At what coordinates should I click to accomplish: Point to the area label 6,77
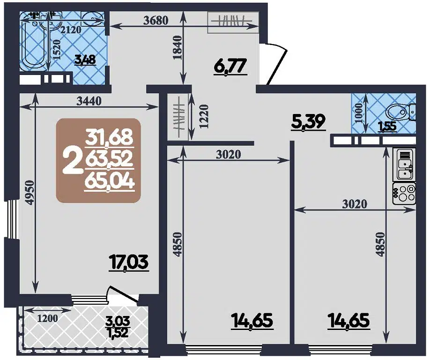tap(230, 67)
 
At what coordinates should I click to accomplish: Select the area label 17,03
tap(128, 262)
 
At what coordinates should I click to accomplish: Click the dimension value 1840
tap(177, 47)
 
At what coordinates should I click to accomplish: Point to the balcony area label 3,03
tap(118, 322)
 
